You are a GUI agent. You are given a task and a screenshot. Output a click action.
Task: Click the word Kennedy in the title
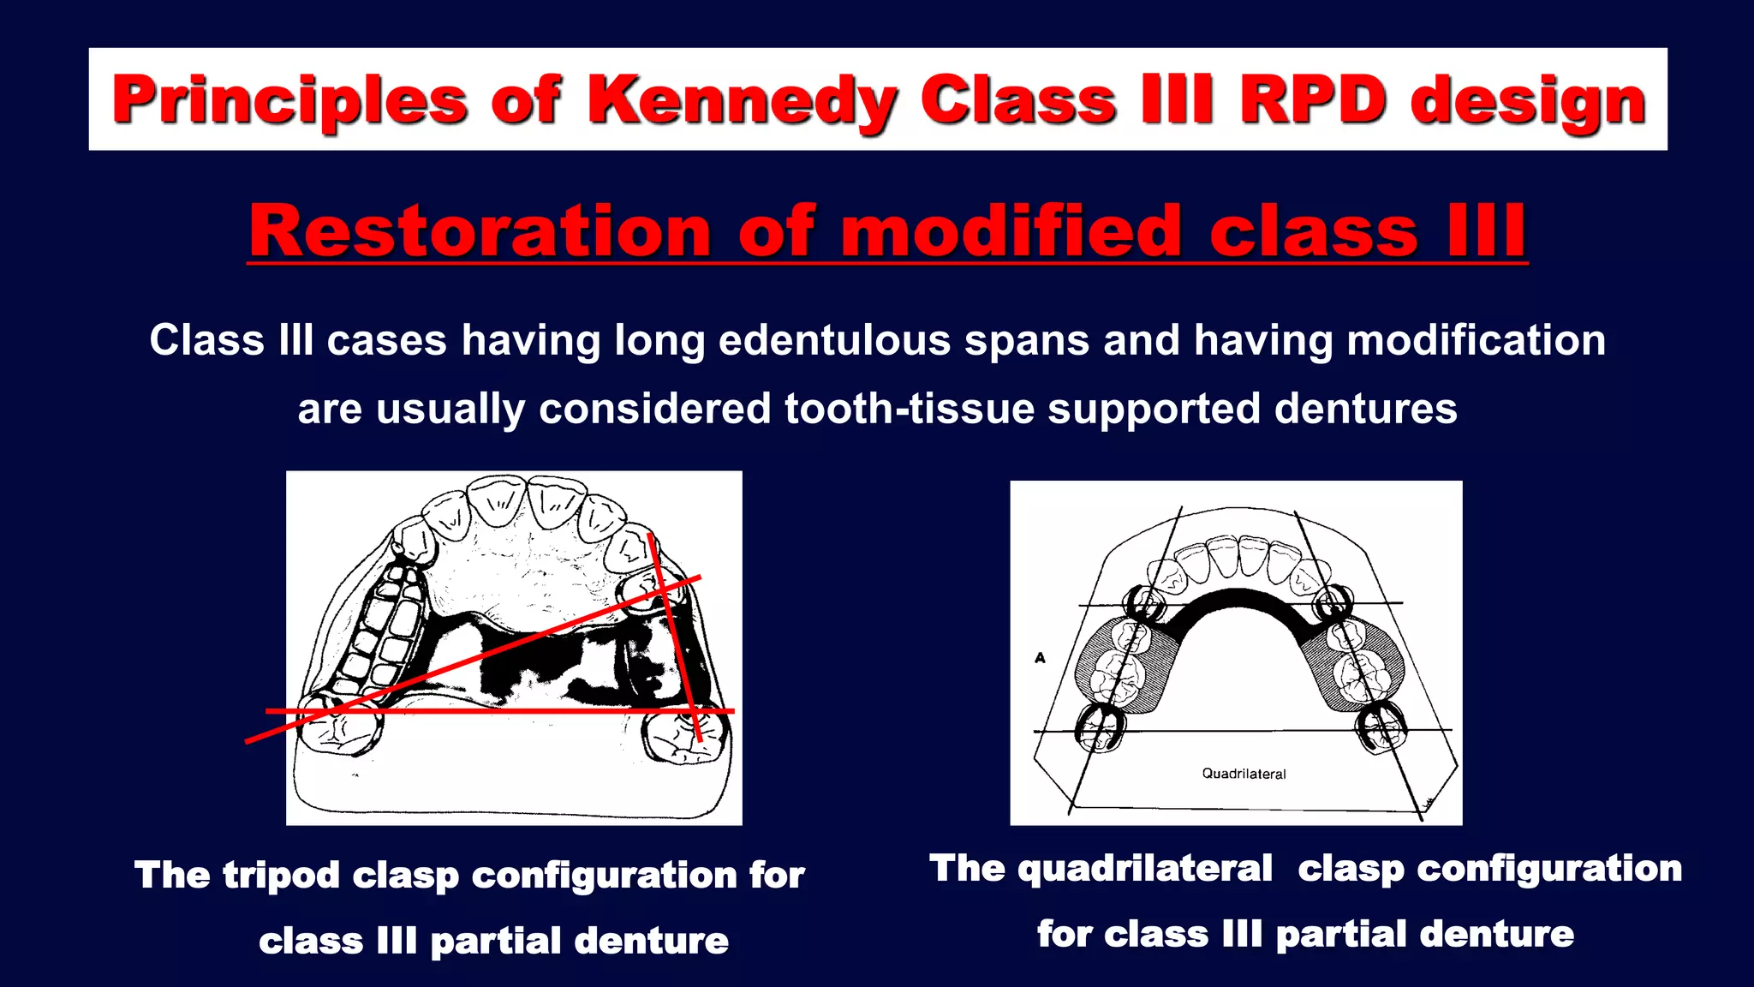[x=743, y=101]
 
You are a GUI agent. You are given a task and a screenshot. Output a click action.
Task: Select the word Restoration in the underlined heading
[x=480, y=231]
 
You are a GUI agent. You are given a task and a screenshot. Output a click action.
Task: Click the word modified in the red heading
[x=1011, y=231]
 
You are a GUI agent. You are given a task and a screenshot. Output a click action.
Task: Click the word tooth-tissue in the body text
[x=910, y=409]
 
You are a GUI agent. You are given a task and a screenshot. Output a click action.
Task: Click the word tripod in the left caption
[x=281, y=875]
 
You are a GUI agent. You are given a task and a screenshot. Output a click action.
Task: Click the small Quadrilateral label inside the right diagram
[x=1244, y=774]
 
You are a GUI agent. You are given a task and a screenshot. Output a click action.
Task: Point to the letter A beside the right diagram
[x=1040, y=658]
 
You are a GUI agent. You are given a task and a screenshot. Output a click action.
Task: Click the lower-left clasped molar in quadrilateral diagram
[x=1099, y=730]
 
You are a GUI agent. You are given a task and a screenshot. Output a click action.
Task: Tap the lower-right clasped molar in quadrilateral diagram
[x=1381, y=728]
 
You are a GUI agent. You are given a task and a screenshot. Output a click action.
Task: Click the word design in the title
[x=1528, y=101]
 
